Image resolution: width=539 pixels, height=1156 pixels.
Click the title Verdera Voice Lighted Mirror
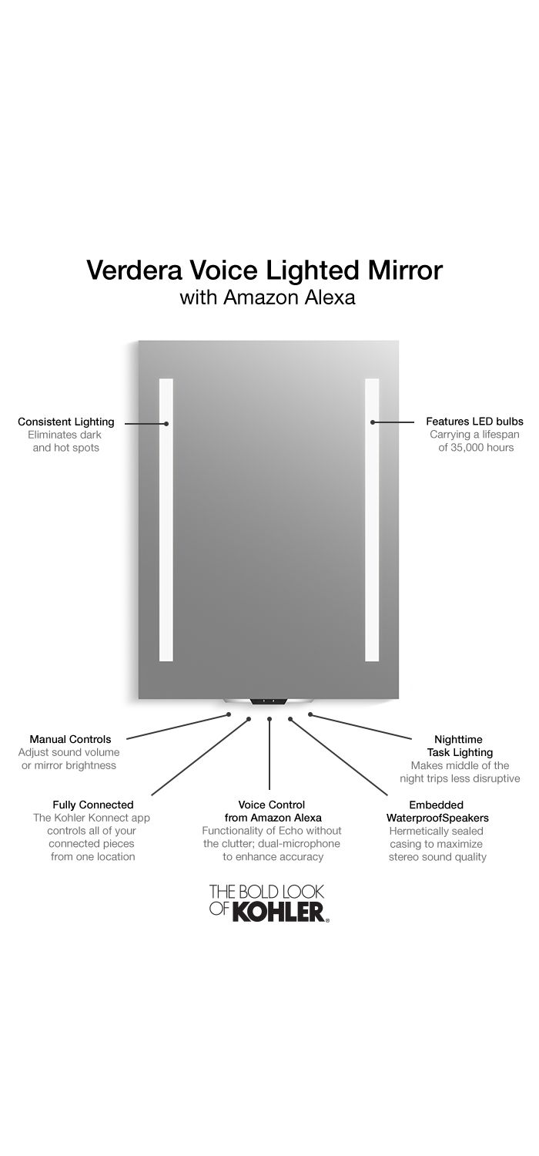click(265, 270)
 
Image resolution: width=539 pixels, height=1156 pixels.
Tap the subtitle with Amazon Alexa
click(267, 297)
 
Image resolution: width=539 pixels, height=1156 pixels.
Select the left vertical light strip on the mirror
click(166, 519)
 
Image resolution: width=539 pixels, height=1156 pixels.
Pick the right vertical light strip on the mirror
click(372, 519)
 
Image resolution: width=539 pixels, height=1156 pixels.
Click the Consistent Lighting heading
click(66, 422)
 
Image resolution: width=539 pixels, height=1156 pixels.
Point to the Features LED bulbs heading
click(474, 422)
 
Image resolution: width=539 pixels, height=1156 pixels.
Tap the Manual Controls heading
click(70, 740)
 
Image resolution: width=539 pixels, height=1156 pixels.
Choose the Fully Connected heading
click(93, 805)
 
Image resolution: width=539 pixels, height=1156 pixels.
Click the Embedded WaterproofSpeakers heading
click(437, 812)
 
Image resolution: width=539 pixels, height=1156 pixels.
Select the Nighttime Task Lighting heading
click(459, 746)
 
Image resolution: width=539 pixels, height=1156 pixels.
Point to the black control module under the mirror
click(268, 702)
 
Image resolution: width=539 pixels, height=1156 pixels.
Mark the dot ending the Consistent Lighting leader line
click(166, 424)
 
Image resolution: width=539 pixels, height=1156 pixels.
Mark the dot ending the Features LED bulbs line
click(372, 422)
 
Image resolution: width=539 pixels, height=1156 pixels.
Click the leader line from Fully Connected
click(200, 757)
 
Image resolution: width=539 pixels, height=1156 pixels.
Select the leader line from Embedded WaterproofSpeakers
click(338, 757)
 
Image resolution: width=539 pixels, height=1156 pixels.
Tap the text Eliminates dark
click(65, 435)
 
